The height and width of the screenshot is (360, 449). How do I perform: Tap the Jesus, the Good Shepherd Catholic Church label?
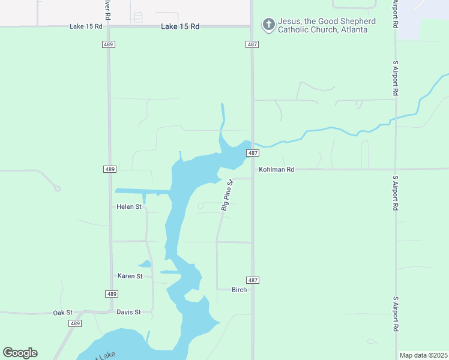(x=327, y=25)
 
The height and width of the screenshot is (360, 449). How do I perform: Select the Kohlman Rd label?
(x=276, y=170)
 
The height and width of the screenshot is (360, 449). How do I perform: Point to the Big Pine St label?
(x=226, y=195)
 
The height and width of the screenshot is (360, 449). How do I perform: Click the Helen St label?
(x=129, y=207)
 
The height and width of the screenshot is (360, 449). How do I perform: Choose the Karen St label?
(x=130, y=276)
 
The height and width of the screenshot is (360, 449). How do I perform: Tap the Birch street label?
(x=239, y=290)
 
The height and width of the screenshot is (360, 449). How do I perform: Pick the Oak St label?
(x=62, y=313)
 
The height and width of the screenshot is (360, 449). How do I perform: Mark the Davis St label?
(x=128, y=312)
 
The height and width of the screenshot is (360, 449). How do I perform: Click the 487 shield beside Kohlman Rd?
(x=252, y=153)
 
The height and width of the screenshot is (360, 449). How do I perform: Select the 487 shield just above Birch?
(x=252, y=280)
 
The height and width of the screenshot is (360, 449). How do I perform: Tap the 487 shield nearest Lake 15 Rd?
(x=252, y=44)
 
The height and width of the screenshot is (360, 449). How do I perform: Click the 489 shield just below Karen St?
(x=111, y=293)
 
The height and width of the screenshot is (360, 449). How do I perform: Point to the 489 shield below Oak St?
(x=74, y=323)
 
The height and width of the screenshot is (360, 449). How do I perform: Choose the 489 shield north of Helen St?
(x=109, y=170)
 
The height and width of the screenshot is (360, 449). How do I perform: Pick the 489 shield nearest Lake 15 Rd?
(x=109, y=44)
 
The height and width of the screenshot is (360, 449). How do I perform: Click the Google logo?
(x=20, y=353)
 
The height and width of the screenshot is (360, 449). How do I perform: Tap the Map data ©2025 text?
(x=423, y=355)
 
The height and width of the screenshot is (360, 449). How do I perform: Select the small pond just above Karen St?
(x=145, y=263)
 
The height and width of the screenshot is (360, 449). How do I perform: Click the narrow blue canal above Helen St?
(x=143, y=192)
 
